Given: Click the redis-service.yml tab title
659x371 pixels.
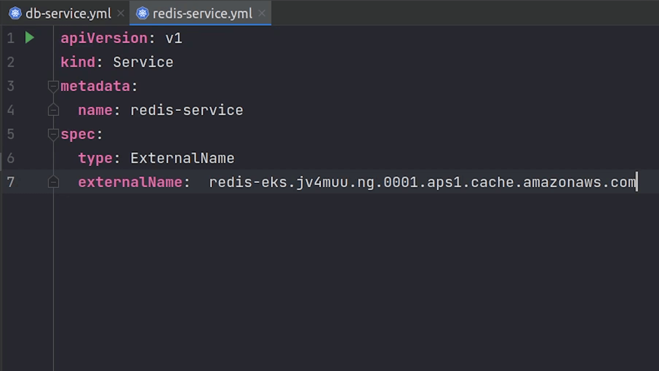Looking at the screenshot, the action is click(202, 13).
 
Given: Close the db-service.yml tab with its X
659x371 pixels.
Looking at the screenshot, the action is click(121, 13).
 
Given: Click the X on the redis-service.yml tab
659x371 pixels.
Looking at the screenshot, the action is click(261, 13).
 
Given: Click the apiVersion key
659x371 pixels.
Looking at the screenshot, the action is click(104, 38).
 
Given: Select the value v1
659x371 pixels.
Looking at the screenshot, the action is click(174, 39).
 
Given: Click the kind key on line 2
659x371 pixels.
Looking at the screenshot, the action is click(78, 62).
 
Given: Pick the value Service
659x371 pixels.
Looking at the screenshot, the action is click(143, 62).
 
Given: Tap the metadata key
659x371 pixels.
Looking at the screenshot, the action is click(95, 86).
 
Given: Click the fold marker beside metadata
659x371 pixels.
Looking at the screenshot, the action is click(53, 86).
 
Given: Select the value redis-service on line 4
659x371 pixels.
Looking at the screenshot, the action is click(187, 110).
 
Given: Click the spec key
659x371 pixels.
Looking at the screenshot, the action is click(78, 135).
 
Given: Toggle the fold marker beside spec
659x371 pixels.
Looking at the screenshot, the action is click(53, 134).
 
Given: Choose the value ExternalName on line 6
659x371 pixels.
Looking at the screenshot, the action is click(183, 158).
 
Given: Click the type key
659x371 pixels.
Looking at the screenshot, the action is click(95, 159).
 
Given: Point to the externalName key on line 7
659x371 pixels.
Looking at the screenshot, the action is click(130, 182).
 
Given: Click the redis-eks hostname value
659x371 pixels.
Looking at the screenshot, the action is click(423, 182).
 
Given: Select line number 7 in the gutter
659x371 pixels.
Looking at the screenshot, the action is click(11, 182).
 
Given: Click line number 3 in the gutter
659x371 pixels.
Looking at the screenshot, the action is click(11, 86).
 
